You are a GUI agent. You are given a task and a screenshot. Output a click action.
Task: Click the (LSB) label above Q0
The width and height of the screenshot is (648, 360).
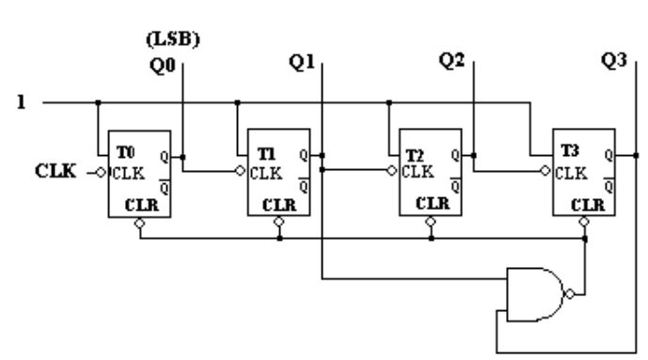coord(173,39)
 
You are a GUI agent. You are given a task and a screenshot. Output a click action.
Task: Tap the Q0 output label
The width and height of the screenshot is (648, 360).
coord(163,66)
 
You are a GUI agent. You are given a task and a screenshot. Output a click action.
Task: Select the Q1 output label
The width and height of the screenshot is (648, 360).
coord(302,63)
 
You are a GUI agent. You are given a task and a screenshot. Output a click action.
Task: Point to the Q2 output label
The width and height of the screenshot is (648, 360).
coord(451,61)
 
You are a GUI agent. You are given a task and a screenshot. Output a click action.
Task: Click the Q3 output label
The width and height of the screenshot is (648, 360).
coord(614,61)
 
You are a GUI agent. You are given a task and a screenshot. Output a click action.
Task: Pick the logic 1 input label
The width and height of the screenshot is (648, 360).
coord(21,102)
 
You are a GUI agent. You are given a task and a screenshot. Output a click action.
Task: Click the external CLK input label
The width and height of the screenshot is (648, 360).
coord(55,171)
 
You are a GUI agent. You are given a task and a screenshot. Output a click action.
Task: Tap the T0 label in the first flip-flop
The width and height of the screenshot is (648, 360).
coord(126,152)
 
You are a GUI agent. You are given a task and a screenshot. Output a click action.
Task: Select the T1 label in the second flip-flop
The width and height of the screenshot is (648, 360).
coord(266,154)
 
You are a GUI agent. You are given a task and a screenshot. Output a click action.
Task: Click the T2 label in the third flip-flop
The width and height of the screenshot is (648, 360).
coord(415,156)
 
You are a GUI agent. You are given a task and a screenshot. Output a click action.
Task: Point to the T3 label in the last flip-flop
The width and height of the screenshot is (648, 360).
coord(570,150)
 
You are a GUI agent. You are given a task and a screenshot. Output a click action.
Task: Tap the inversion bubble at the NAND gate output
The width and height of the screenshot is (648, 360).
coord(570,294)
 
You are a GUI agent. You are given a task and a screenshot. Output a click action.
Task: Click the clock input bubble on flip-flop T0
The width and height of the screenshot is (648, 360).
coord(101,173)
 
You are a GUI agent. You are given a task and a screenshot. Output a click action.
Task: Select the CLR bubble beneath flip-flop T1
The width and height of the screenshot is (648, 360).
coord(279,222)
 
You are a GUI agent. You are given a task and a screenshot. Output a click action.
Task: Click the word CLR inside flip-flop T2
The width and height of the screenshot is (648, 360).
coord(433,204)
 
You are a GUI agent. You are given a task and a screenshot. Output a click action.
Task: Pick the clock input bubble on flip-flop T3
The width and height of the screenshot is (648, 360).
coord(545,170)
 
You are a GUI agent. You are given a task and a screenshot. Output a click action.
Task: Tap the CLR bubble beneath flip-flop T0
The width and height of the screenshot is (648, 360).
coord(140,224)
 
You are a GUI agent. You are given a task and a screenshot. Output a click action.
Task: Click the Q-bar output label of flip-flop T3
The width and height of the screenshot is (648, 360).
coord(608,186)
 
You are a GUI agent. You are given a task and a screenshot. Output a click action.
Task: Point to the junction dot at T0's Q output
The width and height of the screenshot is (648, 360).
coord(182,157)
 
